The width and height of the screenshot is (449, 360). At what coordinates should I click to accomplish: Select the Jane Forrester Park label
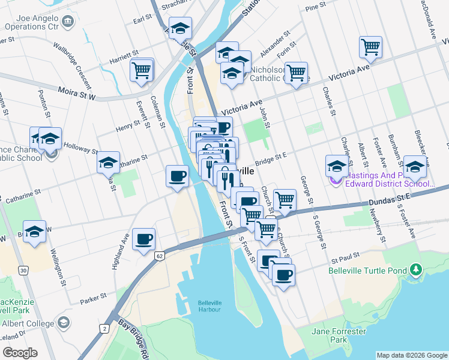(x=339, y=335)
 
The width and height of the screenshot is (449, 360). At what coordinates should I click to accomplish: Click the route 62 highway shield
(x=159, y=256)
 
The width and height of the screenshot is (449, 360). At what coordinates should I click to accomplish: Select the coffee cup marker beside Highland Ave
(x=144, y=239)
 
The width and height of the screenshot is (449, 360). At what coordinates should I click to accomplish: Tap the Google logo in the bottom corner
(x=20, y=353)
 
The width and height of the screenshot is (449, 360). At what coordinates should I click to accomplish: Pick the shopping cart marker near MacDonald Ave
(x=371, y=47)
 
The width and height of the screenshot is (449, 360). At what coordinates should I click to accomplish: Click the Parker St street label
(x=93, y=296)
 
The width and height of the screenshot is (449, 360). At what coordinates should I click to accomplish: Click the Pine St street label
(x=315, y=7)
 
